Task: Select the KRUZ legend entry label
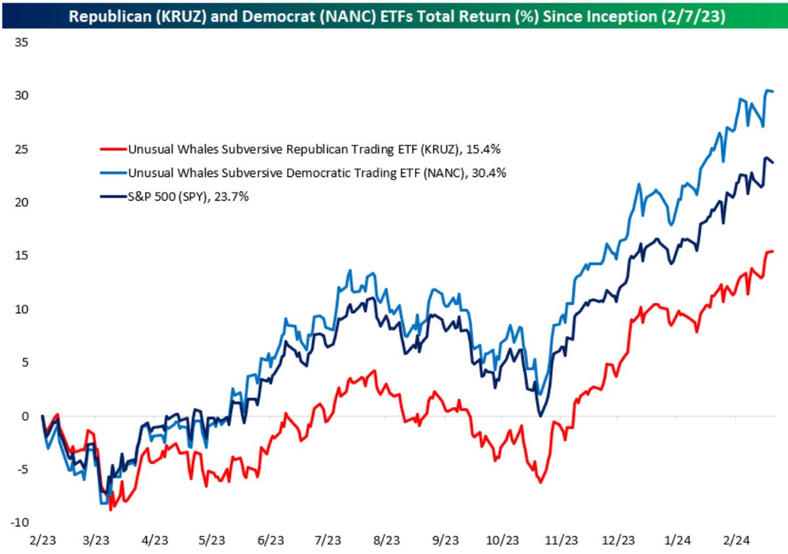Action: pyautogui.click(x=315, y=150)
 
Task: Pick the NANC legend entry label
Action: pyautogui.click(x=317, y=173)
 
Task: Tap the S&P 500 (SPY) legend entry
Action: pyautogui.click(x=188, y=196)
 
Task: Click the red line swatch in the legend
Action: pyautogui.click(x=112, y=150)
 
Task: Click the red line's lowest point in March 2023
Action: pyautogui.click(x=111, y=509)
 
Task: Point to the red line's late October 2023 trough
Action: pyautogui.click(x=540, y=482)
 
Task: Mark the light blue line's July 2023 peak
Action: pyautogui.click(x=350, y=270)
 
